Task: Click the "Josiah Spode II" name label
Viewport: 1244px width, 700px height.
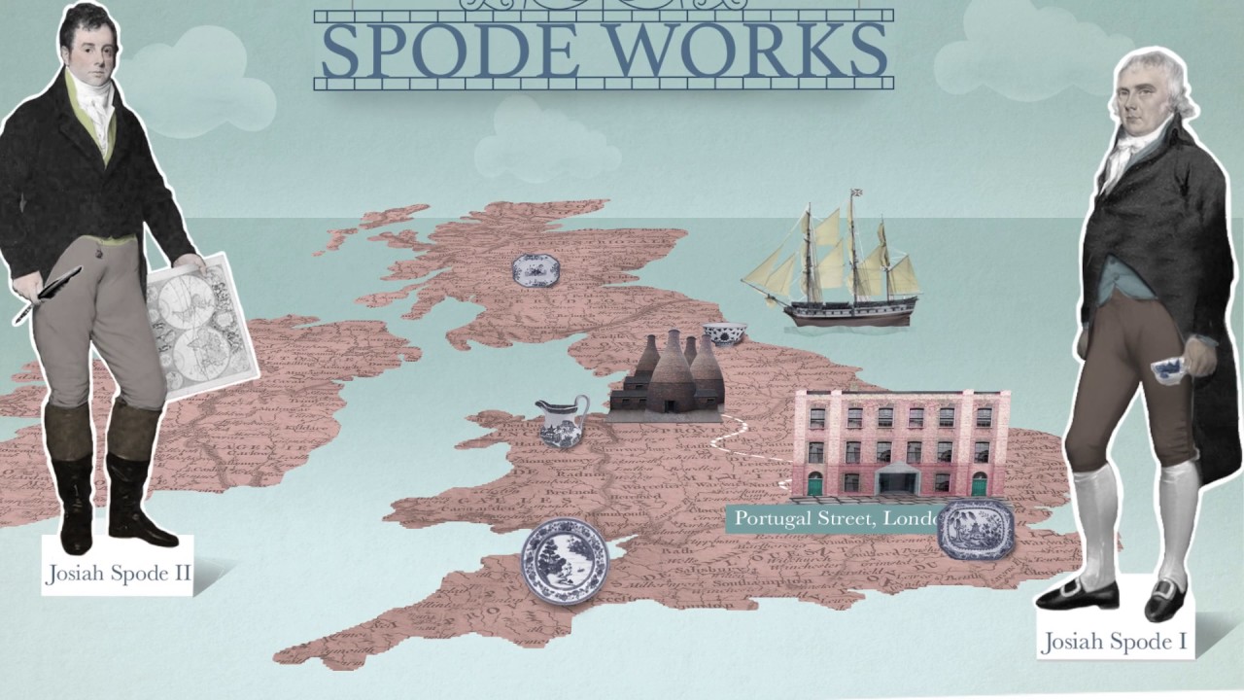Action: (118, 573)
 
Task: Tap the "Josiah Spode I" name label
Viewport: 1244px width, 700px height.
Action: (1114, 642)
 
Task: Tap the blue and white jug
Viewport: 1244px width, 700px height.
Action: (564, 420)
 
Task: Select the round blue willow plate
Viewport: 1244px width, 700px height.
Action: (565, 561)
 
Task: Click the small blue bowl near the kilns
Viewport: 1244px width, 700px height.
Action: (724, 333)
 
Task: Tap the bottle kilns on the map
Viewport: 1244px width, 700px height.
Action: (668, 379)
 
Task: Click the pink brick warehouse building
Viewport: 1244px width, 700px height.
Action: (899, 442)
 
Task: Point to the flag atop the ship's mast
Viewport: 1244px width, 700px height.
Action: (856, 193)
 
